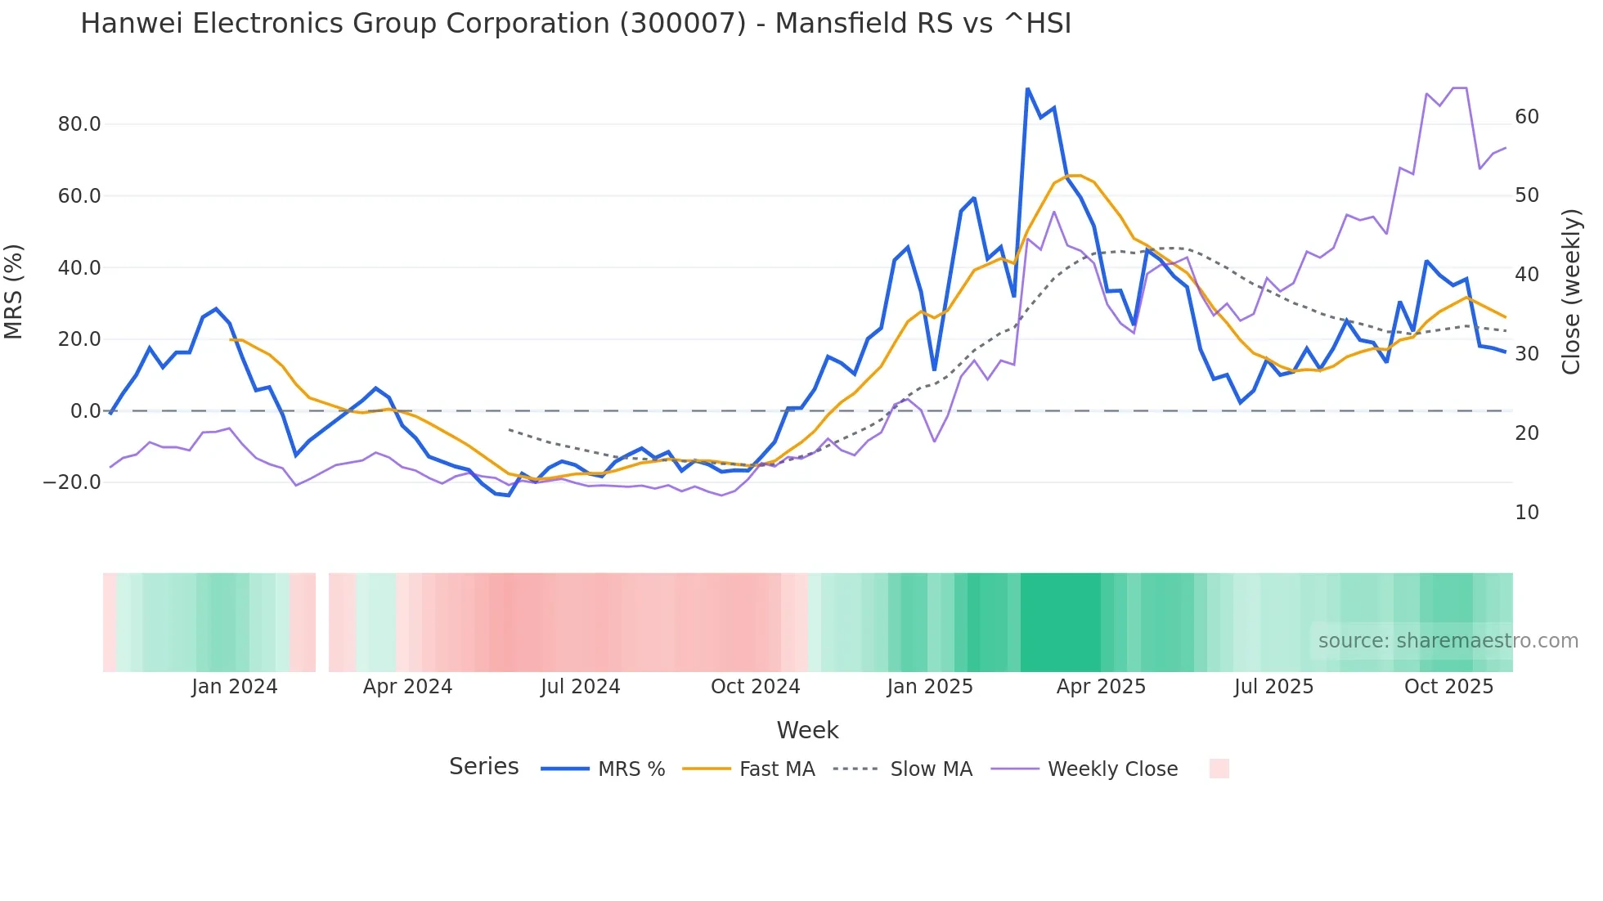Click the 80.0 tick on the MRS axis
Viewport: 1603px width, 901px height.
coord(79,124)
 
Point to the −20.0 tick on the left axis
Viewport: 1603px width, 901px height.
coord(72,482)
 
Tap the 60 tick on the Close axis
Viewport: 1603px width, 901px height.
coord(1527,117)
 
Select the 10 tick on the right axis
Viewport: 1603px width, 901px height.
coord(1527,513)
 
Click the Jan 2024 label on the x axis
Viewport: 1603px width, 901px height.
coord(235,687)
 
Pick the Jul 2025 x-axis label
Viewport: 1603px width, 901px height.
coord(1273,687)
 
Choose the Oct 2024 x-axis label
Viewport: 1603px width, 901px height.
coord(755,687)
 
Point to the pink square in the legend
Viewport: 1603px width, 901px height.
coord(1219,769)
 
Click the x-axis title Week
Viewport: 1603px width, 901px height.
coord(807,730)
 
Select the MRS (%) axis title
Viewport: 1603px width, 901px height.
coord(14,292)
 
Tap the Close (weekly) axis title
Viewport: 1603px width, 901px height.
coord(1571,292)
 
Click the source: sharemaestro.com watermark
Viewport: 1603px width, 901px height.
coord(1448,641)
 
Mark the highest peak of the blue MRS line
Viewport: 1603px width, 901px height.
coord(1027,88)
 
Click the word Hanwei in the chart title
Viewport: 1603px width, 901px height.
coord(131,24)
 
